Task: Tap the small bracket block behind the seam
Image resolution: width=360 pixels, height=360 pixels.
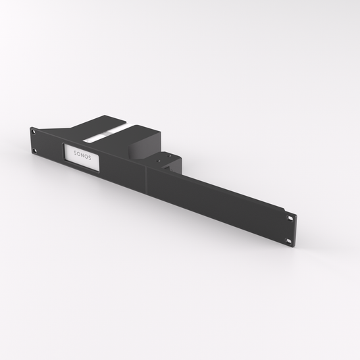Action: [169, 162]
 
